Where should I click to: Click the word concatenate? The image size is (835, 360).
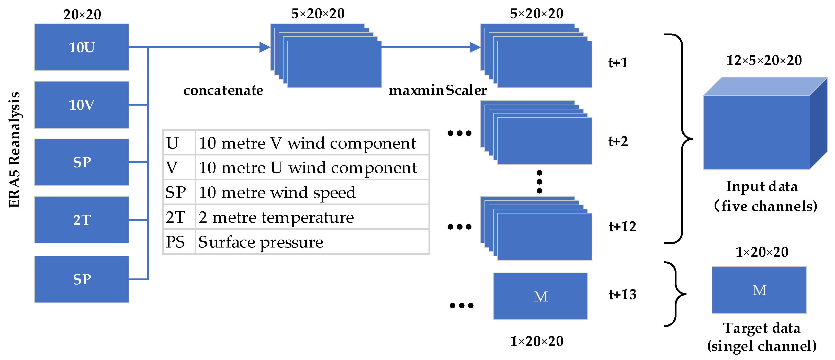(223, 91)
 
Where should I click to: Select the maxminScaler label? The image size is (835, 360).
(438, 91)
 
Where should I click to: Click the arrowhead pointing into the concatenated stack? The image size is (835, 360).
(265, 47)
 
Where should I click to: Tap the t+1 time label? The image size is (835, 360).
(618, 63)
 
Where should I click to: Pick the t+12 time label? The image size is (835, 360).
(622, 227)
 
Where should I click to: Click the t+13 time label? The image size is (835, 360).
(622, 295)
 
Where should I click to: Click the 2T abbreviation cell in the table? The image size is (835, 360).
(175, 217)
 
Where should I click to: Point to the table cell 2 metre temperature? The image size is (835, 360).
(276, 217)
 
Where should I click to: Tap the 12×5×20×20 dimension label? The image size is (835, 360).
(764, 61)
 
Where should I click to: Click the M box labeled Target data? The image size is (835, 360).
(759, 290)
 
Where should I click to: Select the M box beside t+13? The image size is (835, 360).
(540, 296)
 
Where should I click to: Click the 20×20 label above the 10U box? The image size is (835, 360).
(82, 15)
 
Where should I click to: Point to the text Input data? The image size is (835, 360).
(761, 187)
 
